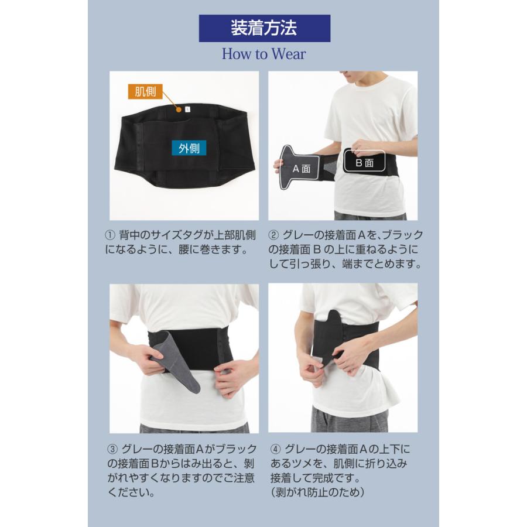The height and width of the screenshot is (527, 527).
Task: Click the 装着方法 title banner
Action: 264,28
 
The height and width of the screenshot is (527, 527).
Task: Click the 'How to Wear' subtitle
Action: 263,54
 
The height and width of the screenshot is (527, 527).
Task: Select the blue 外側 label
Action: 189,148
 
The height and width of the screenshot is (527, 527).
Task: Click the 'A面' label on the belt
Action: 301,169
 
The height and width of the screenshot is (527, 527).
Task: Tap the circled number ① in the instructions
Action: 109,235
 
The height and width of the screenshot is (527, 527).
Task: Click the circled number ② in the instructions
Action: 273,235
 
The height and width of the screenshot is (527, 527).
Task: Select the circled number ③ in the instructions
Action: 112,449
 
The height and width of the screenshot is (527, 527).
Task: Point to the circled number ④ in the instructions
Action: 275,449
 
